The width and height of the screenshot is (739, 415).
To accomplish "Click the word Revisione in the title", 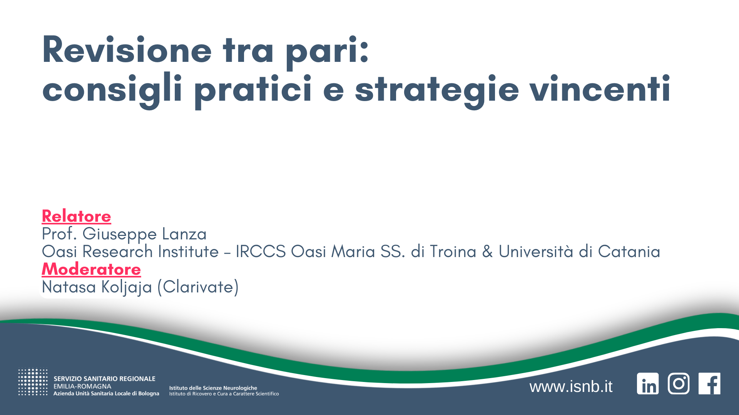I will (x=127, y=50).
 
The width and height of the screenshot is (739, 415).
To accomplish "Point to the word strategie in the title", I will (x=437, y=90).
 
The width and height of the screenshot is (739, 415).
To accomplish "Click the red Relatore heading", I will (x=76, y=216).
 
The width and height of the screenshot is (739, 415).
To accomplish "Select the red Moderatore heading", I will (x=91, y=269).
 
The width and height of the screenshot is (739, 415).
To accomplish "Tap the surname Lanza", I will (x=184, y=234).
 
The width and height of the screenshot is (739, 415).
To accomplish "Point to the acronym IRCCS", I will (x=261, y=252).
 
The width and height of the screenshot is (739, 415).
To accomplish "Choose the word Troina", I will (x=453, y=252).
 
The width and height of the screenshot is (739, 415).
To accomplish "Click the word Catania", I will (x=629, y=252).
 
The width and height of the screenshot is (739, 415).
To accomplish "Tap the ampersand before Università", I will (x=487, y=252).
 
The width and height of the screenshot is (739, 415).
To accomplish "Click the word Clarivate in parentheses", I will (x=198, y=287).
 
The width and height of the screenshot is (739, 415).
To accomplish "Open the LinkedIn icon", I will (x=648, y=383).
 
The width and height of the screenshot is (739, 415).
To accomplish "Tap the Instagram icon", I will (x=679, y=383).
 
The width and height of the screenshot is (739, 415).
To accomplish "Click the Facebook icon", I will (x=709, y=383).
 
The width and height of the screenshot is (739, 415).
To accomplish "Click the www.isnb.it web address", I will (x=571, y=387).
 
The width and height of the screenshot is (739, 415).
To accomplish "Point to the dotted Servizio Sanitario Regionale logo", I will (x=33, y=382).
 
